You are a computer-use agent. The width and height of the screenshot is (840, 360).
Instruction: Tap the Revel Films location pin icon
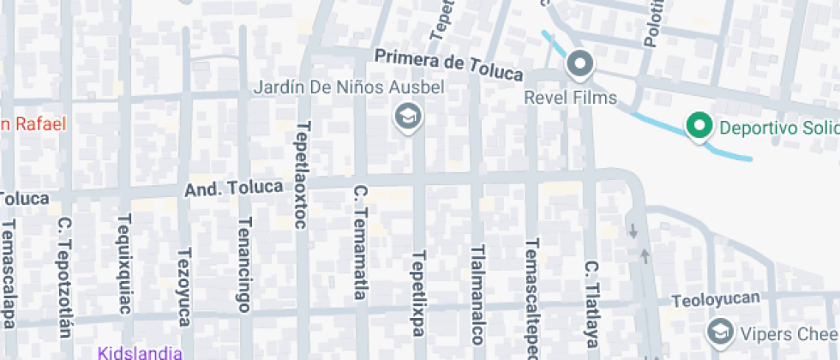(581, 64)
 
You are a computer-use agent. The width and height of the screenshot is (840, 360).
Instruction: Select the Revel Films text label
(571, 98)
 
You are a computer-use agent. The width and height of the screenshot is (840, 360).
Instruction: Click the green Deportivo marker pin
(699, 128)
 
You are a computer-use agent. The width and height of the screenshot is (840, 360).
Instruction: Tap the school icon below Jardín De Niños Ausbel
(407, 116)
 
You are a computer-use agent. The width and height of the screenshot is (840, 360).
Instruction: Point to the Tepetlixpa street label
(418, 292)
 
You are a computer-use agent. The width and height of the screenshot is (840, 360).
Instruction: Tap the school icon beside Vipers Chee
(718, 331)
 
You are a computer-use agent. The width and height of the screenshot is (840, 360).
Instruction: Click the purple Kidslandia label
(140, 352)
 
